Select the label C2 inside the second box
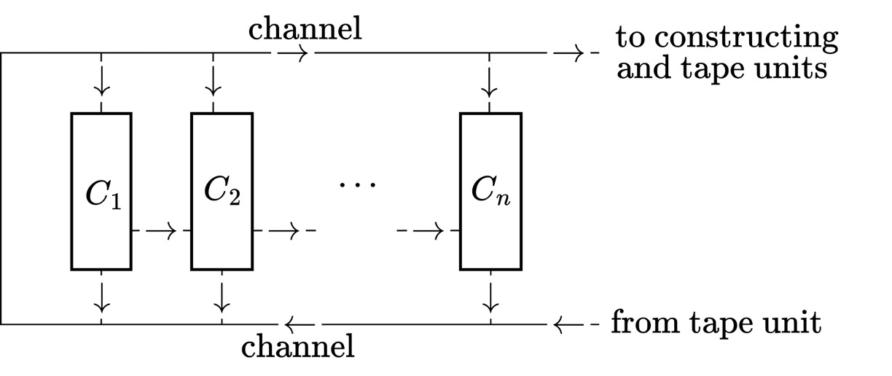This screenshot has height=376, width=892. click(222, 191)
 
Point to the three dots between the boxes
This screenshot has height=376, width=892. click(358, 184)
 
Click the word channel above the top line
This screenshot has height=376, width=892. click(305, 30)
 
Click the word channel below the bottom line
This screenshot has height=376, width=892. click(298, 345)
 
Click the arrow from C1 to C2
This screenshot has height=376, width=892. click(161, 232)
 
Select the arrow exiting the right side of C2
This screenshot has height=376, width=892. click(284, 232)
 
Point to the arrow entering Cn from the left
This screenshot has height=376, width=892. click(430, 232)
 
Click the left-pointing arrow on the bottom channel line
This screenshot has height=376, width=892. click(300, 323)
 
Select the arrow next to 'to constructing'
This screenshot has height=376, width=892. click(569, 53)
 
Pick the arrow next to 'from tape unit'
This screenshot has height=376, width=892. click(569, 323)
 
